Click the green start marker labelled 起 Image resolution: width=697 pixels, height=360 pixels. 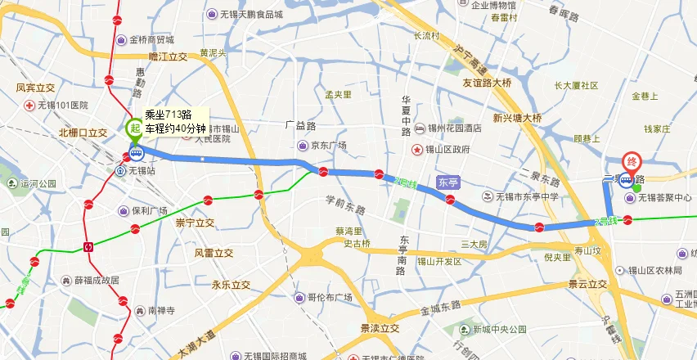coord(133,128)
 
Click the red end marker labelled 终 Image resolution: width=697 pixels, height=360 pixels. coord(632,162)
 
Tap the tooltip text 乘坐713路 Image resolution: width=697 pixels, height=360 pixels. coord(168,115)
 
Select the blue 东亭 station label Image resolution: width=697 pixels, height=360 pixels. coord(447,182)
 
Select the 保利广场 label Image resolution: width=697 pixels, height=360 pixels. coord(149,210)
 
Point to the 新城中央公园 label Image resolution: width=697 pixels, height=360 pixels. coord(499,330)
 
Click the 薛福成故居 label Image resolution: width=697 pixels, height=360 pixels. coord(97,280)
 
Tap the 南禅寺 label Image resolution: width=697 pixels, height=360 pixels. coord(162,311)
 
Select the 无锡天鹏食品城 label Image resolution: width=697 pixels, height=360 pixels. coord(250,14)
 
